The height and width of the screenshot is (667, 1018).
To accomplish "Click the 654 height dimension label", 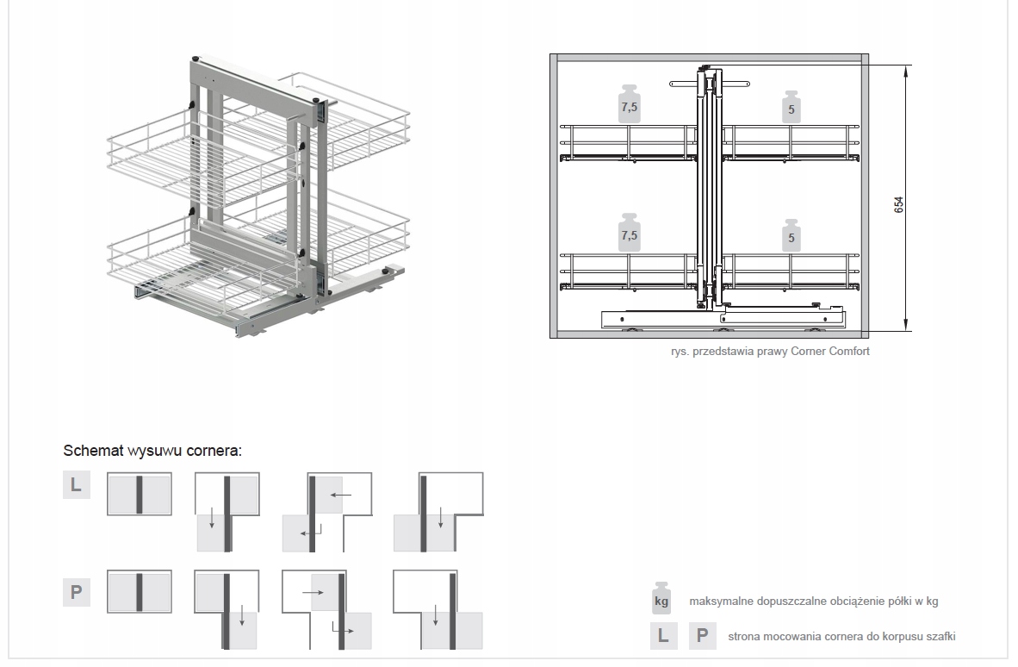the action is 898,204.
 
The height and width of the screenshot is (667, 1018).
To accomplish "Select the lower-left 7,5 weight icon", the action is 630,231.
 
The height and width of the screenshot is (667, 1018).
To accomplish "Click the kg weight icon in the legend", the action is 661,598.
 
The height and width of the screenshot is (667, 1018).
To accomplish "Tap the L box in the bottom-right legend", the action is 661,636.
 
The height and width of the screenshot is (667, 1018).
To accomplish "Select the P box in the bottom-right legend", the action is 703,636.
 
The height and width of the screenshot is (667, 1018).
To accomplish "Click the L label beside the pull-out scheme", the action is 76,485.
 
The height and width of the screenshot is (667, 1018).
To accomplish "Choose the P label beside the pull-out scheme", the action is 76,592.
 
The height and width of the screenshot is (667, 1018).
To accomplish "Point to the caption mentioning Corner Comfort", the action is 770,351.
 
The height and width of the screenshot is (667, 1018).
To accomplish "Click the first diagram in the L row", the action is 139,494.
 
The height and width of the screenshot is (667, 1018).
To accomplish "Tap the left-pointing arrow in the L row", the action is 341,496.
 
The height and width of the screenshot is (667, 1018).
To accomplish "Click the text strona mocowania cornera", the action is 841,637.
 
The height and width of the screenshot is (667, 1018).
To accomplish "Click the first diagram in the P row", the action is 139,591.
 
